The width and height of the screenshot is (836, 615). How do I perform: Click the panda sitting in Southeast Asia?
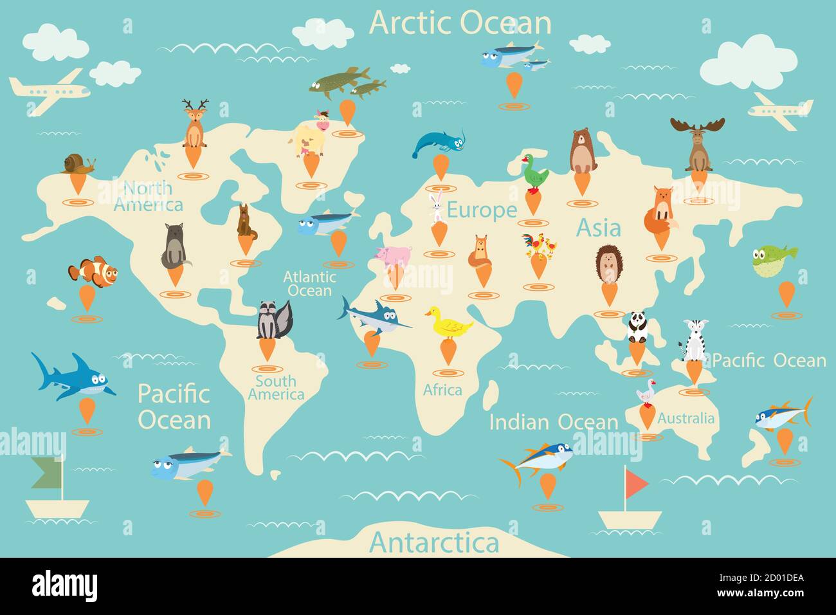click(637, 327)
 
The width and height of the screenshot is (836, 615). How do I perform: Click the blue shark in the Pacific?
click(72, 377)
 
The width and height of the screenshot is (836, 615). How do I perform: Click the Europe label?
click(482, 210)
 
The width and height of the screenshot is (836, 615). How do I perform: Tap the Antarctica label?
click(434, 542)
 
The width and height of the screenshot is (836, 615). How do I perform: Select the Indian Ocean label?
click(553, 422)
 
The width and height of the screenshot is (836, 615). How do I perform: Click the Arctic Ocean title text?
click(460, 23)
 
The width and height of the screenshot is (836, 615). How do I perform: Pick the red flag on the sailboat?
click(635, 483)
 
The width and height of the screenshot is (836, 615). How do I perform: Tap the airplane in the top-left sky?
click(49, 91)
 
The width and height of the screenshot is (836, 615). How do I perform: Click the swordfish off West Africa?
click(374, 316)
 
